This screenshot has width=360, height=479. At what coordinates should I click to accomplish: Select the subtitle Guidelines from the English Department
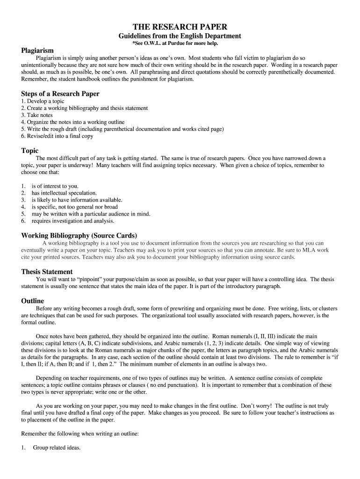pyautogui.click(x=180, y=36)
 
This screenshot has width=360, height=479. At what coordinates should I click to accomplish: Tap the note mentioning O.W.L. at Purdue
pyautogui.click(x=180, y=43)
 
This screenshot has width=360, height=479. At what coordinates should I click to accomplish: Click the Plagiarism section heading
pyautogui.click(x=37, y=50)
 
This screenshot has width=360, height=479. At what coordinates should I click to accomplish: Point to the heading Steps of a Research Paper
pyautogui.click(x=60, y=94)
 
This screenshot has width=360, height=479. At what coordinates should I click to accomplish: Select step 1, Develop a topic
pyautogui.click(x=43, y=101)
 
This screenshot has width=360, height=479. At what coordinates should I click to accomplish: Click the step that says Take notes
pyautogui.click(x=37, y=115)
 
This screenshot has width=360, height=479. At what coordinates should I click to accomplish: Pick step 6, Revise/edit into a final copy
pyautogui.click(x=57, y=136)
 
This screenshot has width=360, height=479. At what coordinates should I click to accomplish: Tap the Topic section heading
pyautogui.click(x=30, y=151)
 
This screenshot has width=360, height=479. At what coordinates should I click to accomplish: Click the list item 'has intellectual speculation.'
pyautogui.click(x=64, y=193)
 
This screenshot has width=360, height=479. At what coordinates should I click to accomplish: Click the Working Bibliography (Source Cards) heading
pyautogui.click(x=79, y=235)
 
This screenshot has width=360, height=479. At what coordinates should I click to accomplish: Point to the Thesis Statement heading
pyautogui.click(x=47, y=272)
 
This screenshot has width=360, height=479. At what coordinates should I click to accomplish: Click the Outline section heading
pyautogui.click(x=32, y=301)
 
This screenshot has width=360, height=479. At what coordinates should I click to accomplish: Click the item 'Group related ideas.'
pyautogui.click(x=57, y=448)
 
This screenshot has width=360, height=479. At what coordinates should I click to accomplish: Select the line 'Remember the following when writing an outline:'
pyautogui.click(x=80, y=434)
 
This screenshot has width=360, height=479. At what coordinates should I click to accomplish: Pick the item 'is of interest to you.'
pyautogui.click(x=55, y=186)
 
